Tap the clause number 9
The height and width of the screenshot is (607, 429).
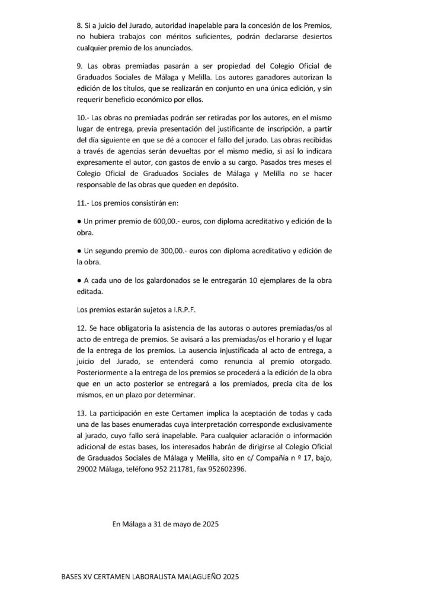click(x=81, y=65)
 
